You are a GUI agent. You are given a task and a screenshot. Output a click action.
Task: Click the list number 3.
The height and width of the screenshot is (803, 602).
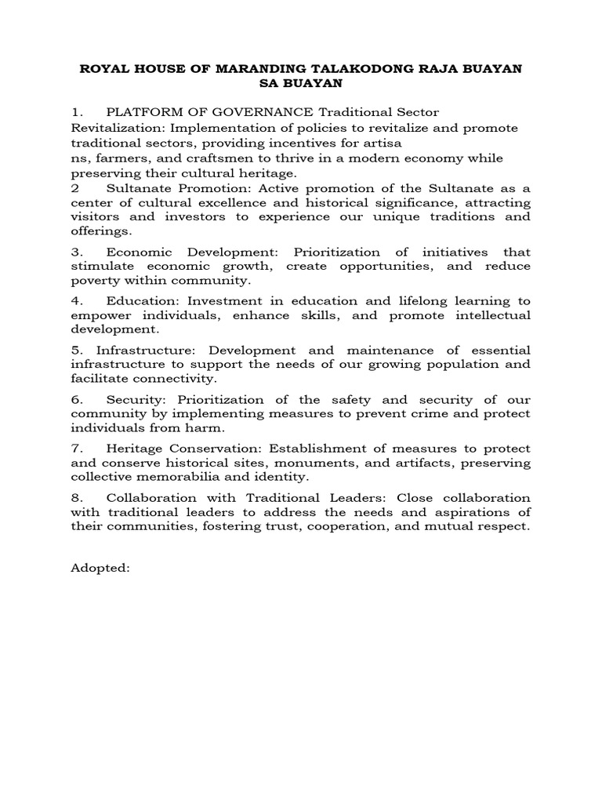click(76, 252)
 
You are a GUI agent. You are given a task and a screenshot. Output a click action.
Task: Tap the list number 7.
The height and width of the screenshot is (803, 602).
click(76, 448)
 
